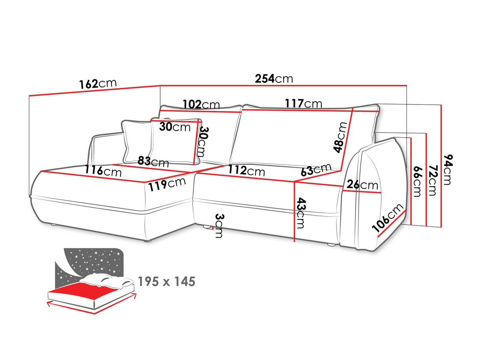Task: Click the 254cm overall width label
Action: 274,78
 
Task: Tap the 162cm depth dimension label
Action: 98,83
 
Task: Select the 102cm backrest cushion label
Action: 201,104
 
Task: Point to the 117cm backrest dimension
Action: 303,103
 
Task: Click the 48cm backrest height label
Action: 340,137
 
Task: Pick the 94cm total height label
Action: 448,169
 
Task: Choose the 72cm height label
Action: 432,180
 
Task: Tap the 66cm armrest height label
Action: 417,182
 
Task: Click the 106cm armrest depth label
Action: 387,218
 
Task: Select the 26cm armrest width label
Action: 362,185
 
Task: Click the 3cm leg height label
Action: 219,226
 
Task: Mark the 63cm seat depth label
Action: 316,169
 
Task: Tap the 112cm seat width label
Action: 246,171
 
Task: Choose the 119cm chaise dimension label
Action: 167,185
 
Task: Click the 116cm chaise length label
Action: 103,171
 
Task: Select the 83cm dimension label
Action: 153,162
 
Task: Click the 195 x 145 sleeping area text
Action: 166,282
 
